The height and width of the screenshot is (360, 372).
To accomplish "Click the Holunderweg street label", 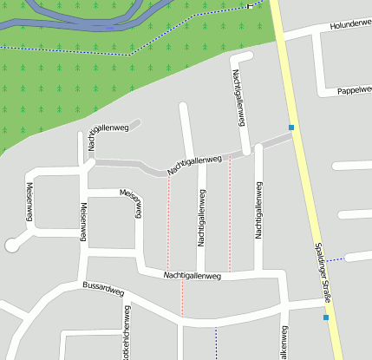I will (x=349, y=26).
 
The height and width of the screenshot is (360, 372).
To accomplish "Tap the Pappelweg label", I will (x=354, y=90).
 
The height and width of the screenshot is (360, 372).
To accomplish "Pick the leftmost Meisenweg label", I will (x=29, y=201).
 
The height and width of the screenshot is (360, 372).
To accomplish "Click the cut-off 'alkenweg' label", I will (x=284, y=344).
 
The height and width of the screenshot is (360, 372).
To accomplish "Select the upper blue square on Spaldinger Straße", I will (x=291, y=128).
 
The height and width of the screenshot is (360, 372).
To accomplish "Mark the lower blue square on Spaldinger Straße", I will (x=326, y=317).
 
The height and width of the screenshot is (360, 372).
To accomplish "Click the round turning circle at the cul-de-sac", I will (x=12, y=245).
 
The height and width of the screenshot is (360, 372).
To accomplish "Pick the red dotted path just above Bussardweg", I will (x=182, y=299).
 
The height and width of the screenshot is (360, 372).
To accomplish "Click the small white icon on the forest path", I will (x=251, y=6).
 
